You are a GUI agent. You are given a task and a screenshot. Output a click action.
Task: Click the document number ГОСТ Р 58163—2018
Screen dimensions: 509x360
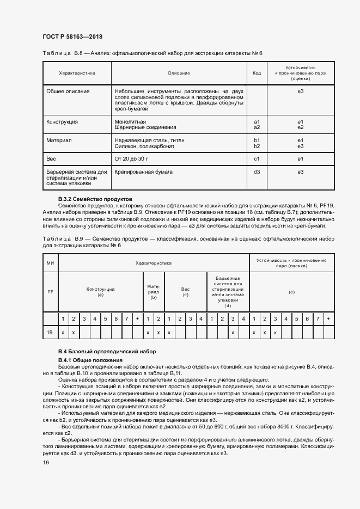pos(72,36)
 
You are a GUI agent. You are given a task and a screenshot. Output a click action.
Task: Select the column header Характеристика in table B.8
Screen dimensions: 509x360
pos(77,73)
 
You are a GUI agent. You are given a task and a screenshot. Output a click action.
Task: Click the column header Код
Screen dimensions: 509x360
pos(257,73)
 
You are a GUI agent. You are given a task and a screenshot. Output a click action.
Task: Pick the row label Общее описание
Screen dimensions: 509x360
pos(68,91)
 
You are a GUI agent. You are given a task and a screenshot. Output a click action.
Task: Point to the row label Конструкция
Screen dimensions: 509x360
pos(62,121)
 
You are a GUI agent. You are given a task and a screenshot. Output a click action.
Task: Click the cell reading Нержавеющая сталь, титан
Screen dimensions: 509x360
pos(149,140)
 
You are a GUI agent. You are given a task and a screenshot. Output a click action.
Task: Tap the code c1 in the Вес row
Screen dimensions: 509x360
pos(257,159)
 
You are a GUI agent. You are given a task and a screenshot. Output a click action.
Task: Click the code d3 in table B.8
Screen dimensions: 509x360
pos(257,172)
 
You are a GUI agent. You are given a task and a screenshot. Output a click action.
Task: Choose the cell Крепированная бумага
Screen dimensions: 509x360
pos(143,172)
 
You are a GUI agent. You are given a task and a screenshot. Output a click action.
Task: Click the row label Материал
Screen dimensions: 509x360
pos(59,140)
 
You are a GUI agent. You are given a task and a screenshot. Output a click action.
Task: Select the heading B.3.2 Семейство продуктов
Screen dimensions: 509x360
pos(95,199)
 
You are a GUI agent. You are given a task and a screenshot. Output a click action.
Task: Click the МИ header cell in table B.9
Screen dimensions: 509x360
pos(50,263)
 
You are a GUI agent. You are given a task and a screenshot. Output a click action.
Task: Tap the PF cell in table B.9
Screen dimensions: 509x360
pos(50,292)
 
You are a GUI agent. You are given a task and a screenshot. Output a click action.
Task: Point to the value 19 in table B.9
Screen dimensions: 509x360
pos(50,332)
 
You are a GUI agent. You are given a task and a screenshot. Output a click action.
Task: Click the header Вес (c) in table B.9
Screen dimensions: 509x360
pos(185,292)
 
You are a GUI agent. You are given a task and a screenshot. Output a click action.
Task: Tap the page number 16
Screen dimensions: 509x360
pos(46,462)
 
